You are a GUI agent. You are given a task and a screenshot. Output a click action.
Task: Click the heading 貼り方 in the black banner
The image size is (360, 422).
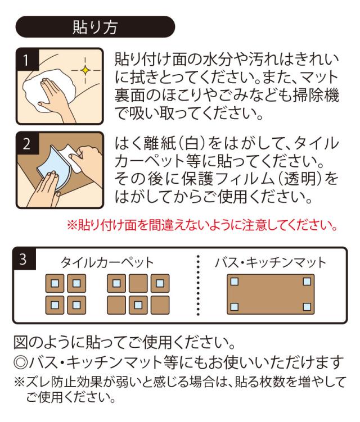95,27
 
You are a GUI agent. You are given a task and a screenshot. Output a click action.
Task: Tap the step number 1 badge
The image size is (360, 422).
27,60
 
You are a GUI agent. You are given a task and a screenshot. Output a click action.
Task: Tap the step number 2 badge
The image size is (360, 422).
27,143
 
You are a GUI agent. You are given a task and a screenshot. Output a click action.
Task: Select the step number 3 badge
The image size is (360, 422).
24,259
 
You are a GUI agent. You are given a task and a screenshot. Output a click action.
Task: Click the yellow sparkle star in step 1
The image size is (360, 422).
85,70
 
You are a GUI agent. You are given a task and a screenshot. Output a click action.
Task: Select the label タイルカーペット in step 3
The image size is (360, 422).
107,262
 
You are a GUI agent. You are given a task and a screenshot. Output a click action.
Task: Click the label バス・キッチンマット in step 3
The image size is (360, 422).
271,262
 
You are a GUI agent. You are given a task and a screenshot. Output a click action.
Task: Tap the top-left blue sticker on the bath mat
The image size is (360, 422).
235,282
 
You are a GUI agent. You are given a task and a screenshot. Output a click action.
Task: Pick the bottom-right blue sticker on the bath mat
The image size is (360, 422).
307,307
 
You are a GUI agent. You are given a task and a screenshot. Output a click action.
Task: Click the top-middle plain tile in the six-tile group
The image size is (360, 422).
138,283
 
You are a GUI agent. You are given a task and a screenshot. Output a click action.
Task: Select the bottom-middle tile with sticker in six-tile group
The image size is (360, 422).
138,305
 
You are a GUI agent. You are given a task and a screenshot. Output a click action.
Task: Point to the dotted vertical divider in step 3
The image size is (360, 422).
199,285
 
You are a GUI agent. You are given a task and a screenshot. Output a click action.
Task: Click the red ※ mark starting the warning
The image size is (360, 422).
72,225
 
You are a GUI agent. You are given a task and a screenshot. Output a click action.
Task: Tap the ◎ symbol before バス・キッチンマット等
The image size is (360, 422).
21,363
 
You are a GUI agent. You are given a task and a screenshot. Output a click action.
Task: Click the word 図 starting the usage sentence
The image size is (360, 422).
21,342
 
